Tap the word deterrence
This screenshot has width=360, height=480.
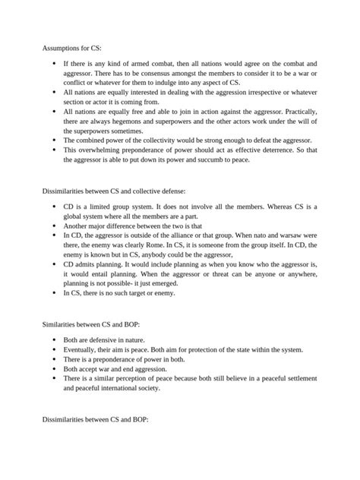(x=271, y=150)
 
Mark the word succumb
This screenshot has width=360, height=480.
(x=220, y=159)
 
